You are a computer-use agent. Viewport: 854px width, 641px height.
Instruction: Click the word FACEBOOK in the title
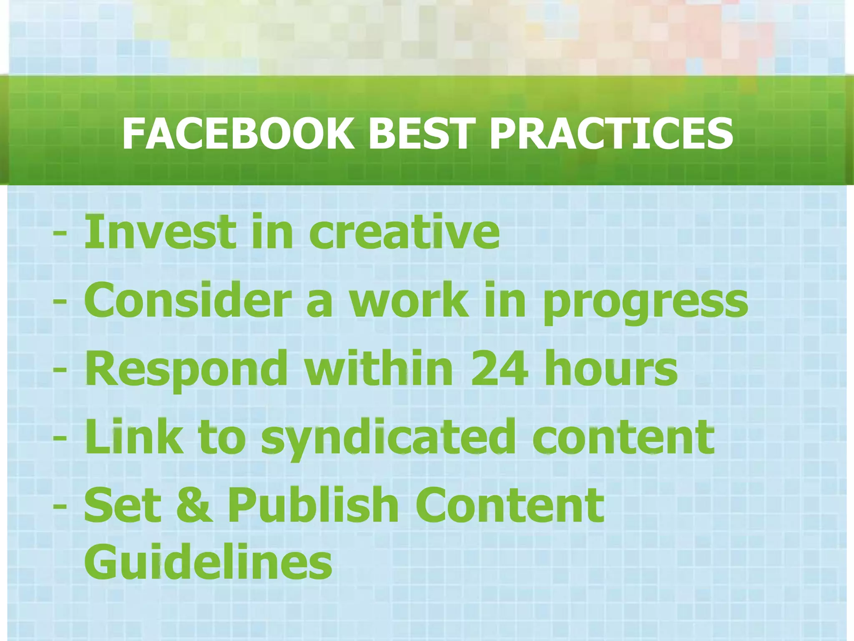click(238, 134)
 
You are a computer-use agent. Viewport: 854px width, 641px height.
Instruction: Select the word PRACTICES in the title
click(611, 134)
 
